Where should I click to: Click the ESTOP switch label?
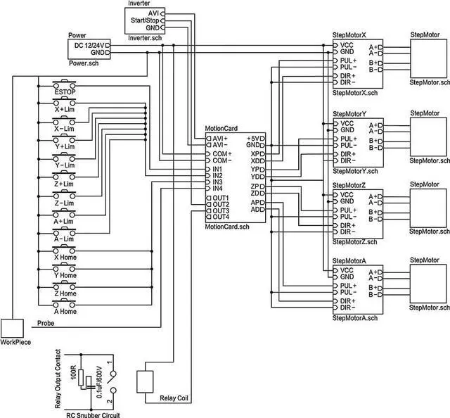click(65, 92)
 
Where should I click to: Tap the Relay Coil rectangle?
click(145, 382)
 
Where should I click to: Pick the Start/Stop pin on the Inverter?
click(144, 21)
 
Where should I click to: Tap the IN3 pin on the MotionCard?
click(217, 182)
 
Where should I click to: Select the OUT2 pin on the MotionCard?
click(220, 204)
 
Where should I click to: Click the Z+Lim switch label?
click(65, 184)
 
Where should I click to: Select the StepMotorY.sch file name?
click(355, 171)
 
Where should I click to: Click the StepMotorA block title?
click(349, 260)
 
